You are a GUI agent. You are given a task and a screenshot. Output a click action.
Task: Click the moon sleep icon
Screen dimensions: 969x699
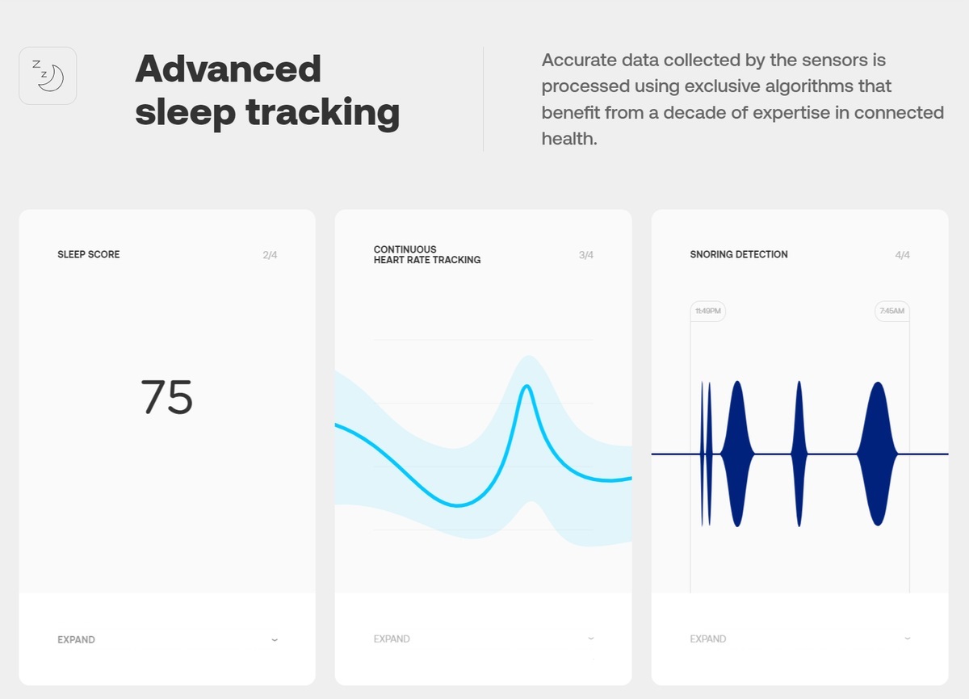click(48, 76)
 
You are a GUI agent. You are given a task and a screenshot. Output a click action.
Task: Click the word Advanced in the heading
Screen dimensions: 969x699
click(228, 69)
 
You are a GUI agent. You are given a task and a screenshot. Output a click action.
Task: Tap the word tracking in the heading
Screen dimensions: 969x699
click(323, 112)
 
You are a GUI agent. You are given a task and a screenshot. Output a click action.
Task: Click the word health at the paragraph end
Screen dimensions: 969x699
click(568, 139)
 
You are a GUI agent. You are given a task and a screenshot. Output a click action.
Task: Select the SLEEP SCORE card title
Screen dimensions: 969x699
click(89, 254)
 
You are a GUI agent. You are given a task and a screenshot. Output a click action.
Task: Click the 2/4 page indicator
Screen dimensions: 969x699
click(270, 255)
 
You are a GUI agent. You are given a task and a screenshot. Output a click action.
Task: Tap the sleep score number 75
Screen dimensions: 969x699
click(166, 397)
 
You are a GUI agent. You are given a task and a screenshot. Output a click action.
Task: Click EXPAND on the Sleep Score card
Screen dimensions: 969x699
click(76, 639)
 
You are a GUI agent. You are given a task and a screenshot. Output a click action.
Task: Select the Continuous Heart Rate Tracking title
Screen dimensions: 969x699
click(427, 254)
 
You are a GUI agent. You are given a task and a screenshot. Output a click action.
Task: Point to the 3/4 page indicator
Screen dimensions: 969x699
click(586, 255)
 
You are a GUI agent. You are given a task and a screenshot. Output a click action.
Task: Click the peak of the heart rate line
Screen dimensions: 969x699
click(526, 386)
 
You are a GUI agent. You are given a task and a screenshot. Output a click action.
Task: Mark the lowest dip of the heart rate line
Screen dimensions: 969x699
click(457, 505)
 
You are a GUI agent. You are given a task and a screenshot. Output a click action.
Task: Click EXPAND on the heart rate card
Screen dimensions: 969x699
click(392, 639)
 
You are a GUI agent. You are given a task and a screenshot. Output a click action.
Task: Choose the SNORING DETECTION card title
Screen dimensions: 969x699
click(739, 254)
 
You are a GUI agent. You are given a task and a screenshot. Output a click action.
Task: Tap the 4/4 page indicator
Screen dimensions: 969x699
click(903, 255)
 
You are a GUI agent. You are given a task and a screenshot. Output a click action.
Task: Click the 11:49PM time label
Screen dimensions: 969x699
click(707, 311)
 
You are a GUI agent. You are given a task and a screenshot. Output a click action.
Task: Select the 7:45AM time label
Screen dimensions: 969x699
click(892, 311)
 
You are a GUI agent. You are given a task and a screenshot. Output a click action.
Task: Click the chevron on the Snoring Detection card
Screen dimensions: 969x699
click(908, 638)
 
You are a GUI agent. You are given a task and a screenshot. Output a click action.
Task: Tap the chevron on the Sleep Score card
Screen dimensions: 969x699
click(275, 639)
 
